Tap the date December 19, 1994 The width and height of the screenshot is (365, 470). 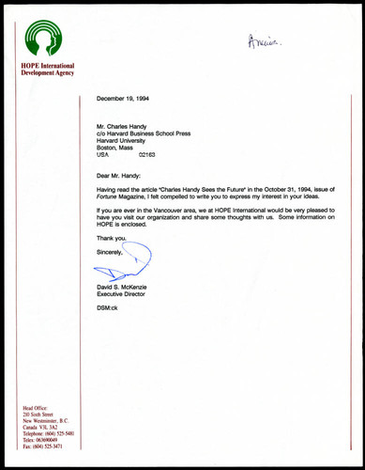(x=127, y=97)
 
